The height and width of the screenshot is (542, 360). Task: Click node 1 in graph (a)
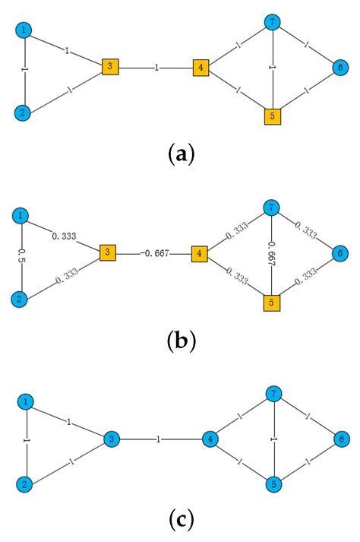(x=25, y=30)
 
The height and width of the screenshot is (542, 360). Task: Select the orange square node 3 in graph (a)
(x=110, y=67)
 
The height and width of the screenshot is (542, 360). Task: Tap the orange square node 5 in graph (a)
(x=273, y=116)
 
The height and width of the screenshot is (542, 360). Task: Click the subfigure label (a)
(x=180, y=155)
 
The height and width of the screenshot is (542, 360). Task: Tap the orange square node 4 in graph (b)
(x=200, y=253)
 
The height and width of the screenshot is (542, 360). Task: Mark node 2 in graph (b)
(x=21, y=299)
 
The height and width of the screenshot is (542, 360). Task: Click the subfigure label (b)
(x=181, y=340)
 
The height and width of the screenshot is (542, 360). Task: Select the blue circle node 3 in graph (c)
(x=111, y=439)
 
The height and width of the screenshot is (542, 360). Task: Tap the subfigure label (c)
(x=180, y=521)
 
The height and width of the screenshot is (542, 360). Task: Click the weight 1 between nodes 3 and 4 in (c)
(x=157, y=439)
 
